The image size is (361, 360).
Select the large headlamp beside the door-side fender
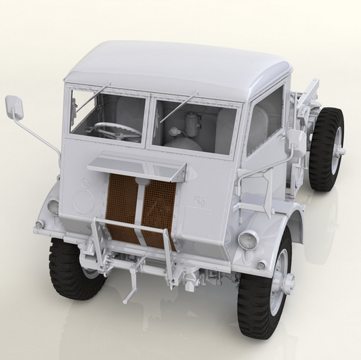click(x=249, y=239)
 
